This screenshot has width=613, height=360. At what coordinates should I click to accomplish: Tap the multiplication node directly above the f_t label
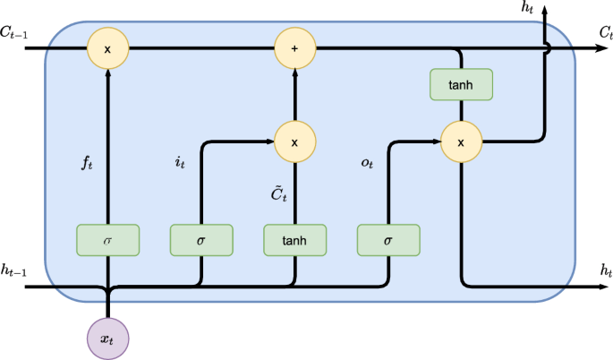tap(108, 47)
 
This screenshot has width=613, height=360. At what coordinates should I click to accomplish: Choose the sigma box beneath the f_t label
tap(108, 240)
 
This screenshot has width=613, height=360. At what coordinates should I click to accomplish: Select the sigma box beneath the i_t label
tap(201, 240)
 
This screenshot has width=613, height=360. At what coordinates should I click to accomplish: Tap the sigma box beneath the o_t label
tap(387, 240)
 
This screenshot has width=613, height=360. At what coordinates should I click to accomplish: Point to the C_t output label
tap(604, 32)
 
